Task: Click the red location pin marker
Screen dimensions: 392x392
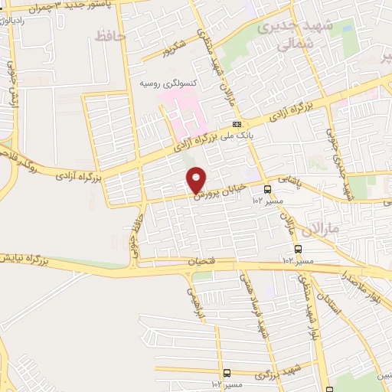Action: [x=198, y=180]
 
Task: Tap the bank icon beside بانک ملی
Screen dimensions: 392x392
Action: [x=238, y=124]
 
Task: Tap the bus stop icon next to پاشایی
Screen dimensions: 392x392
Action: [x=267, y=188]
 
